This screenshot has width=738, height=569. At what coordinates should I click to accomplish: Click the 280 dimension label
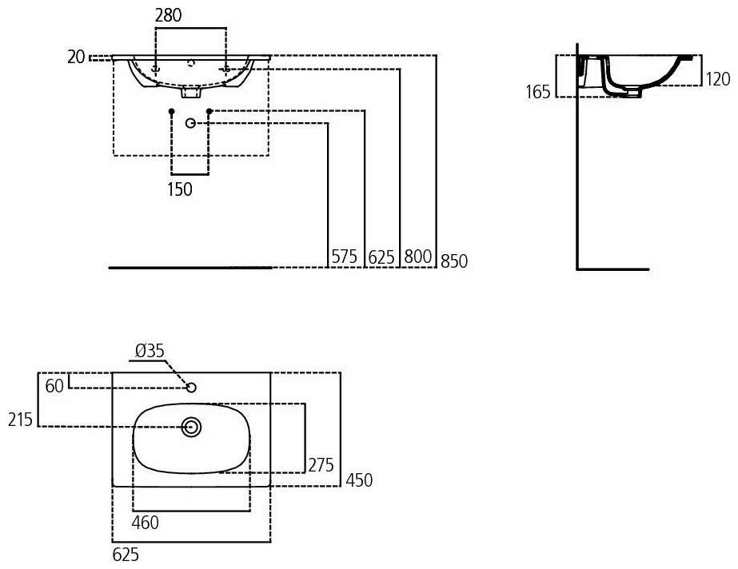point(170,14)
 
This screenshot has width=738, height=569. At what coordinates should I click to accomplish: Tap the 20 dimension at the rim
point(77,56)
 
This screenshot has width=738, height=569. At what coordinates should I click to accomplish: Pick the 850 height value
point(453,261)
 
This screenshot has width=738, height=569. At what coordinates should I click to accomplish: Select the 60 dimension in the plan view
point(54,387)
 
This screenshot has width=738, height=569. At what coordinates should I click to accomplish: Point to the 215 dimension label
point(19,420)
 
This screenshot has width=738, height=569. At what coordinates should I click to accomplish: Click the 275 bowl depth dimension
point(321,465)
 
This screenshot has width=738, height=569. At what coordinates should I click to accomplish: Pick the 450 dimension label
point(359,479)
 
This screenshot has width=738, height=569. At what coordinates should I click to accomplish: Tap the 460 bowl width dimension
point(145,523)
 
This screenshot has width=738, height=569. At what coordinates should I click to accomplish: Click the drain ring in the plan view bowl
point(191,427)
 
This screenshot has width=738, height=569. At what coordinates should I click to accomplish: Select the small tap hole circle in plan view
point(190,388)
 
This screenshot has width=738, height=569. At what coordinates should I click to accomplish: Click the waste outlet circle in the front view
point(190,122)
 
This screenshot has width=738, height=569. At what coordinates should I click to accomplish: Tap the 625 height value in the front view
point(382,257)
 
